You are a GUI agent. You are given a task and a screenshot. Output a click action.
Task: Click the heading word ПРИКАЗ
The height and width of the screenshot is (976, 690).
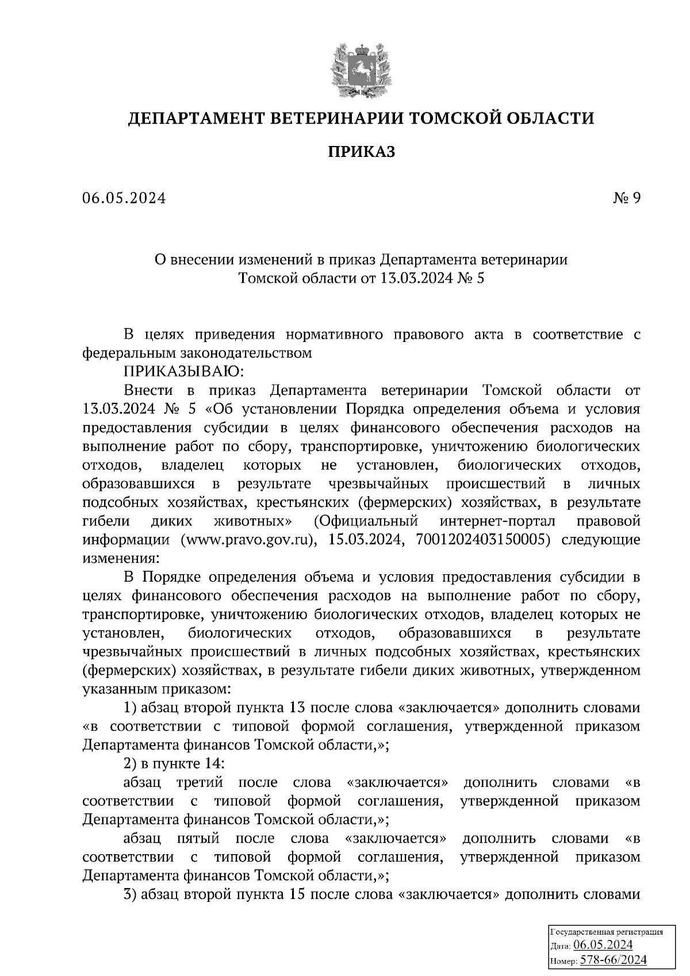pos(361,152)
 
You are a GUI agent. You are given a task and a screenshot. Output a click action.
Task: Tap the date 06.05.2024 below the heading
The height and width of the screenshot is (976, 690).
pos(124,198)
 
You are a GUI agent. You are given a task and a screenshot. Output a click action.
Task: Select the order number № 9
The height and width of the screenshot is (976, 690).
pos(626,198)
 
